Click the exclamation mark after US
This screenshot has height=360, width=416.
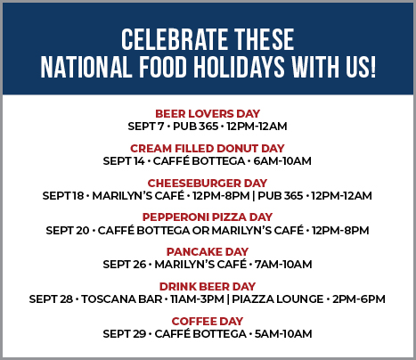373,67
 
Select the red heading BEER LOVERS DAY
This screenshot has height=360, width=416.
208,113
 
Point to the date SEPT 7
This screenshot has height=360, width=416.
146,127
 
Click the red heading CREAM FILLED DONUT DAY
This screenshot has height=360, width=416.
208,148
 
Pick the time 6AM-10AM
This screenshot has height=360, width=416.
282,161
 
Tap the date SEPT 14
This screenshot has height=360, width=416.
124,161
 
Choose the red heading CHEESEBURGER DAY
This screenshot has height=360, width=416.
208,183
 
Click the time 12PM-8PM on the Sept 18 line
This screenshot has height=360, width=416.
221,196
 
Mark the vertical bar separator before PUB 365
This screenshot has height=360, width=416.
254,196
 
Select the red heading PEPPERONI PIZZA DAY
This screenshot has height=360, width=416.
208,217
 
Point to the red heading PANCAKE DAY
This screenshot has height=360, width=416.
208,252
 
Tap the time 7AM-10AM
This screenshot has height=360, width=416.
283,265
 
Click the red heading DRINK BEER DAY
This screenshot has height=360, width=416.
208,287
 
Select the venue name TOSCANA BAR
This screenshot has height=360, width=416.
122,299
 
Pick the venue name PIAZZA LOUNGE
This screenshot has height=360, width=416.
278,299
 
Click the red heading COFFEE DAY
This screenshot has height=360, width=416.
208,322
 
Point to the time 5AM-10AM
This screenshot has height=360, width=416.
283,334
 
